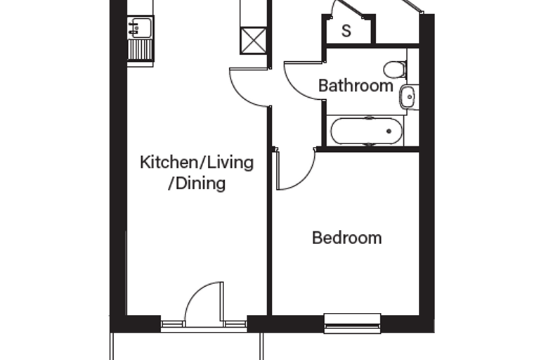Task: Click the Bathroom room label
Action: click(x=356, y=85)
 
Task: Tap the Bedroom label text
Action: click(x=346, y=238)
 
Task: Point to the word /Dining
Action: click(x=197, y=184)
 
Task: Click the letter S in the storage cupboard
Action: click(x=346, y=31)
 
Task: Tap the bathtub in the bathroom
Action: click(x=367, y=131)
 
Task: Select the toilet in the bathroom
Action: click(x=395, y=70)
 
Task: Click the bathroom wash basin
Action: click(x=408, y=97)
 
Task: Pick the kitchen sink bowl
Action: click(x=141, y=27)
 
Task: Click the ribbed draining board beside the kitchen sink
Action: click(x=141, y=50)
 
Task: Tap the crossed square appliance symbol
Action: click(x=254, y=41)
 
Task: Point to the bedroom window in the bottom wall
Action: click(x=353, y=323)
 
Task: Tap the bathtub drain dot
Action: click(x=389, y=131)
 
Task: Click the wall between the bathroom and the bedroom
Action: click(x=368, y=149)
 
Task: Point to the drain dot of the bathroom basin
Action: click(x=410, y=97)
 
